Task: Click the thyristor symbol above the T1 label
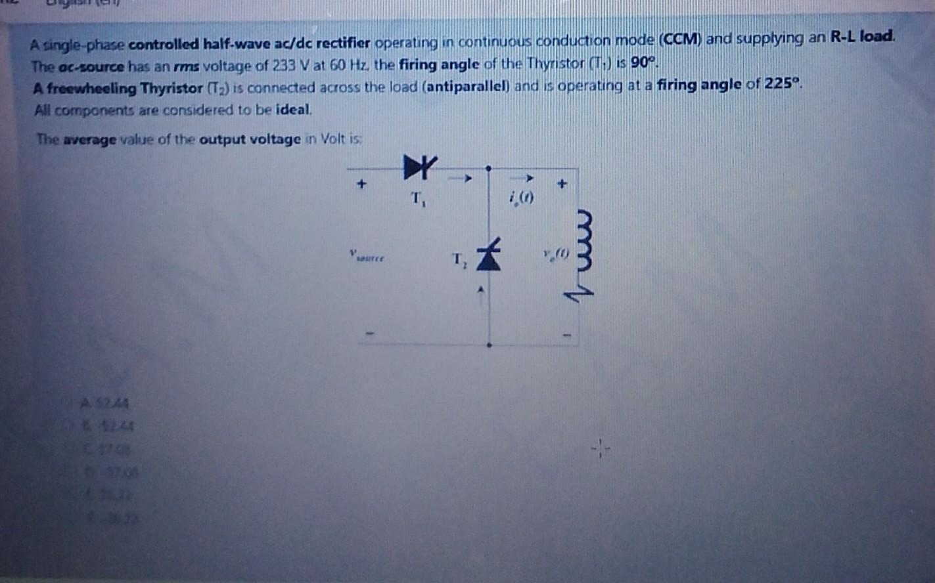pyautogui.click(x=419, y=167)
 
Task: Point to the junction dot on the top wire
pyautogui.click(x=488, y=169)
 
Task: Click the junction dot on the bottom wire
pyautogui.click(x=489, y=345)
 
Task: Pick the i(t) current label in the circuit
pyautogui.click(x=522, y=196)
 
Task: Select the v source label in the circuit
pyautogui.click(x=367, y=256)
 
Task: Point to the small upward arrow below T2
pyautogui.click(x=481, y=289)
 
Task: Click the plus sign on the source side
pyautogui.click(x=361, y=184)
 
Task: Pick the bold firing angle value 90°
pyautogui.click(x=643, y=64)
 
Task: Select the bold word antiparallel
pyautogui.click(x=467, y=87)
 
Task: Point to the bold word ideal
pyautogui.click(x=293, y=110)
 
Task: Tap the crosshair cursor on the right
pyautogui.click(x=600, y=450)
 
